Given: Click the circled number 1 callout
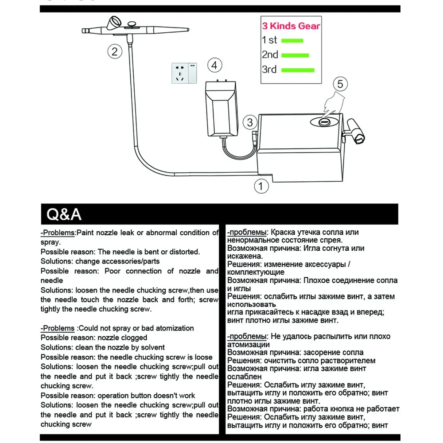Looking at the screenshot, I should [x=261, y=186].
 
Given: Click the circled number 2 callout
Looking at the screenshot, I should [x=115, y=52].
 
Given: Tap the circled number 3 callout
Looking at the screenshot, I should [x=250, y=122].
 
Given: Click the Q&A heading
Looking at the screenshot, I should [x=64, y=215].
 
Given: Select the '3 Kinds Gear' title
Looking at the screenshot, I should [x=291, y=26].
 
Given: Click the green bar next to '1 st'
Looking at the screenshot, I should [x=292, y=41].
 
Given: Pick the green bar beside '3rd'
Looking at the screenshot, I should [x=298, y=70].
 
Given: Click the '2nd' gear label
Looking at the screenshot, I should [x=270, y=55].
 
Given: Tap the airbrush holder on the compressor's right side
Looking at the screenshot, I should [x=357, y=131].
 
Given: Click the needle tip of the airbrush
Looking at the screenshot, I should [x=84, y=31].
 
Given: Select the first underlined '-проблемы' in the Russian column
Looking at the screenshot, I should [x=247, y=233].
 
